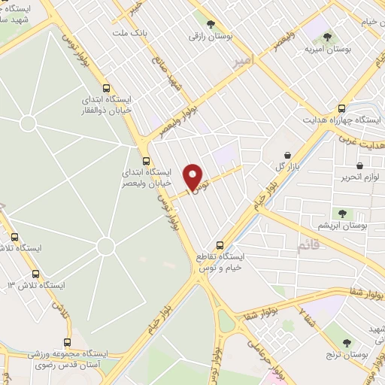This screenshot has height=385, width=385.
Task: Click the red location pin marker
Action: [194, 177]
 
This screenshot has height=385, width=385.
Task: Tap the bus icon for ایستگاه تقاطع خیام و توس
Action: [220, 244]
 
